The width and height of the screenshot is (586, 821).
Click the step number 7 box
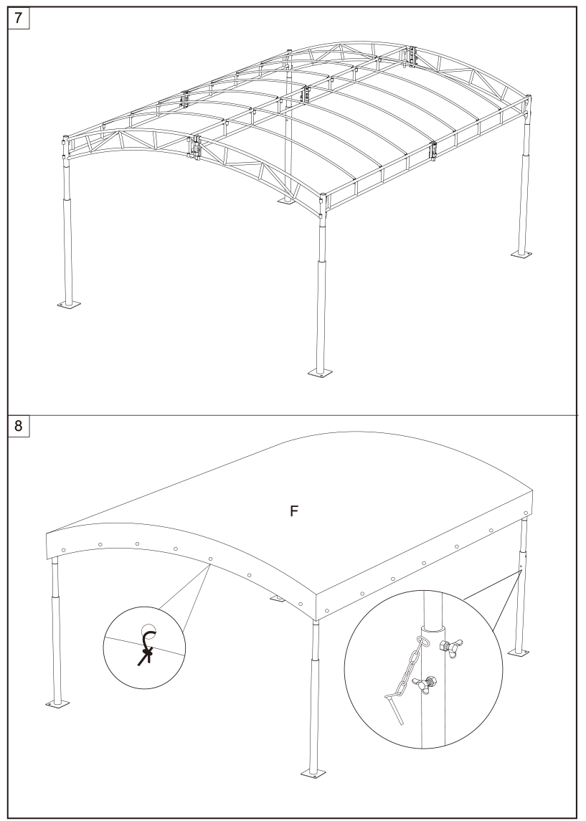click(19, 18)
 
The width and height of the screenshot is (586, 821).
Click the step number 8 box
click(19, 426)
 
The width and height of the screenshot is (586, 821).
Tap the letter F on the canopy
click(294, 511)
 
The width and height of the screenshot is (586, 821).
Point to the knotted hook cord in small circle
click(146, 647)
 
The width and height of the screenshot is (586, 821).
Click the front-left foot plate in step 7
click(69, 304)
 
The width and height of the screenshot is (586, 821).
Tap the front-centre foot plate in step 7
click(319, 372)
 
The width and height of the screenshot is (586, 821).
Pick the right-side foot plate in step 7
click(522, 255)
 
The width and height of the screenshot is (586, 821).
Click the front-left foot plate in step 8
click(57, 703)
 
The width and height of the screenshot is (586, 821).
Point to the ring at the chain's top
click(422, 642)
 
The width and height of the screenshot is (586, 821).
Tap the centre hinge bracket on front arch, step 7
click(195, 147)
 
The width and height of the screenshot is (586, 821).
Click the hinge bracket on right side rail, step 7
click(434, 152)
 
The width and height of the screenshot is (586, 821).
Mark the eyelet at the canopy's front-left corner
click(63, 550)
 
